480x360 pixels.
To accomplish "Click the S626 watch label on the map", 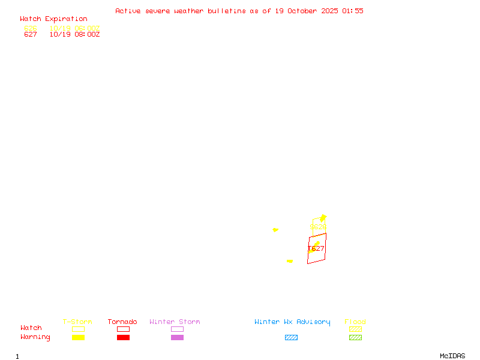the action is pyautogui.click(x=318, y=227).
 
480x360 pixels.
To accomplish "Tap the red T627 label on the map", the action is pyautogui.click(x=316, y=248).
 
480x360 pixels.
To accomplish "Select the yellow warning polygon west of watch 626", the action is pyautogui.click(x=275, y=230).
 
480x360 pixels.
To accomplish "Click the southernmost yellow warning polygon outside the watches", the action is pyautogui.click(x=290, y=261).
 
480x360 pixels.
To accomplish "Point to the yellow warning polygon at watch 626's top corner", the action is pyautogui.click(x=323, y=217).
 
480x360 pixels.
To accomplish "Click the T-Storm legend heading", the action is pyautogui.click(x=77, y=322).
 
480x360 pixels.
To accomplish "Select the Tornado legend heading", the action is pyautogui.click(x=122, y=322).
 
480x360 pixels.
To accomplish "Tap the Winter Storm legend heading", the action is pyautogui.click(x=175, y=322).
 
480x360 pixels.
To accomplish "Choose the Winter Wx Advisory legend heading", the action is pyautogui.click(x=292, y=322).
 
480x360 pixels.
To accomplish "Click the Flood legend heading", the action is pyautogui.click(x=355, y=322).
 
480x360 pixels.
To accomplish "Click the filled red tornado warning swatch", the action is pyautogui.click(x=123, y=338).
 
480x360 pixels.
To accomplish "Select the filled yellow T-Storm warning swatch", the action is pyautogui.click(x=78, y=338).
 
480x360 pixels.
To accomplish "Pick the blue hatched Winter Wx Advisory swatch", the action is pyautogui.click(x=291, y=338).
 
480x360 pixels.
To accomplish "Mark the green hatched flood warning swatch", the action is pyautogui.click(x=355, y=338).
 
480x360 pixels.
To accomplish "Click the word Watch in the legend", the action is pyautogui.click(x=31, y=328).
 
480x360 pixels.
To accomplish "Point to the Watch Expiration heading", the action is pyautogui.click(x=53, y=19).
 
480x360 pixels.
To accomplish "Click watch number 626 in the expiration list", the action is pyautogui.click(x=31, y=28).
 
